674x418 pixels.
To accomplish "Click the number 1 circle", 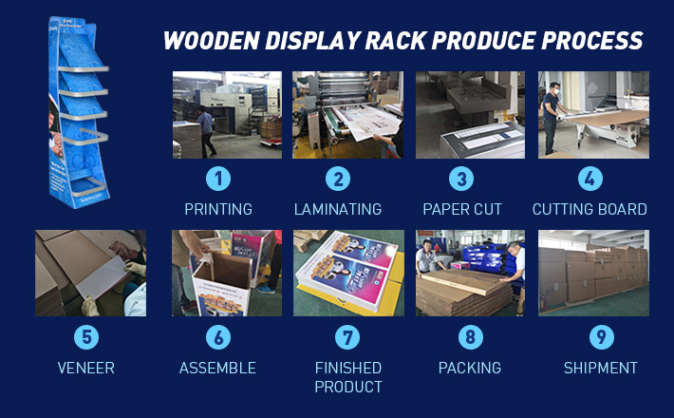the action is coord(218,179).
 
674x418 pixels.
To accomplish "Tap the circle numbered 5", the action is coord(86,337).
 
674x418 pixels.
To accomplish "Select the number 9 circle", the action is coord(601,337).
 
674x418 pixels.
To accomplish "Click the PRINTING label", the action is coord(218,209).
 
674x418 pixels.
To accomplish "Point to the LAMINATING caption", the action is coord(338,209).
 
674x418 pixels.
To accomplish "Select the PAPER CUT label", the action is coord(462,209).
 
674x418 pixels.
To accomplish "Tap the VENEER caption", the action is coord(86,368).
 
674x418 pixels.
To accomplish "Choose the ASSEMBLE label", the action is coord(217,368).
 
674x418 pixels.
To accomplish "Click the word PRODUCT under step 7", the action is coord(348,387).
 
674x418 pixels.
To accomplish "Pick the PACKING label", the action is coord(470,368).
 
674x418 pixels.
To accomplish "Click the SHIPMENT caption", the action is coord(601,368).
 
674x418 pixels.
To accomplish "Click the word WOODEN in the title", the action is coord(212,41).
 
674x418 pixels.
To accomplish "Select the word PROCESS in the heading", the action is coord(592,41).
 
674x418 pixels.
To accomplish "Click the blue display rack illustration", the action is coord(78,113).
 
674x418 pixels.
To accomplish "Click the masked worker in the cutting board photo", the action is coord(552,118).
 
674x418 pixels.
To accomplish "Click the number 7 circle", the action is coord(347,337).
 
